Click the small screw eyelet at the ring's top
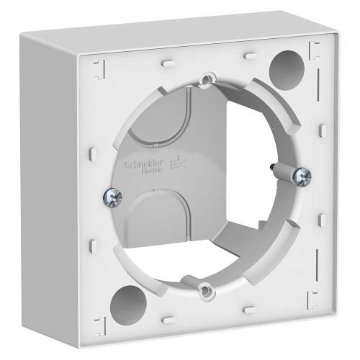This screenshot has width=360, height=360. click(x=207, y=77)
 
